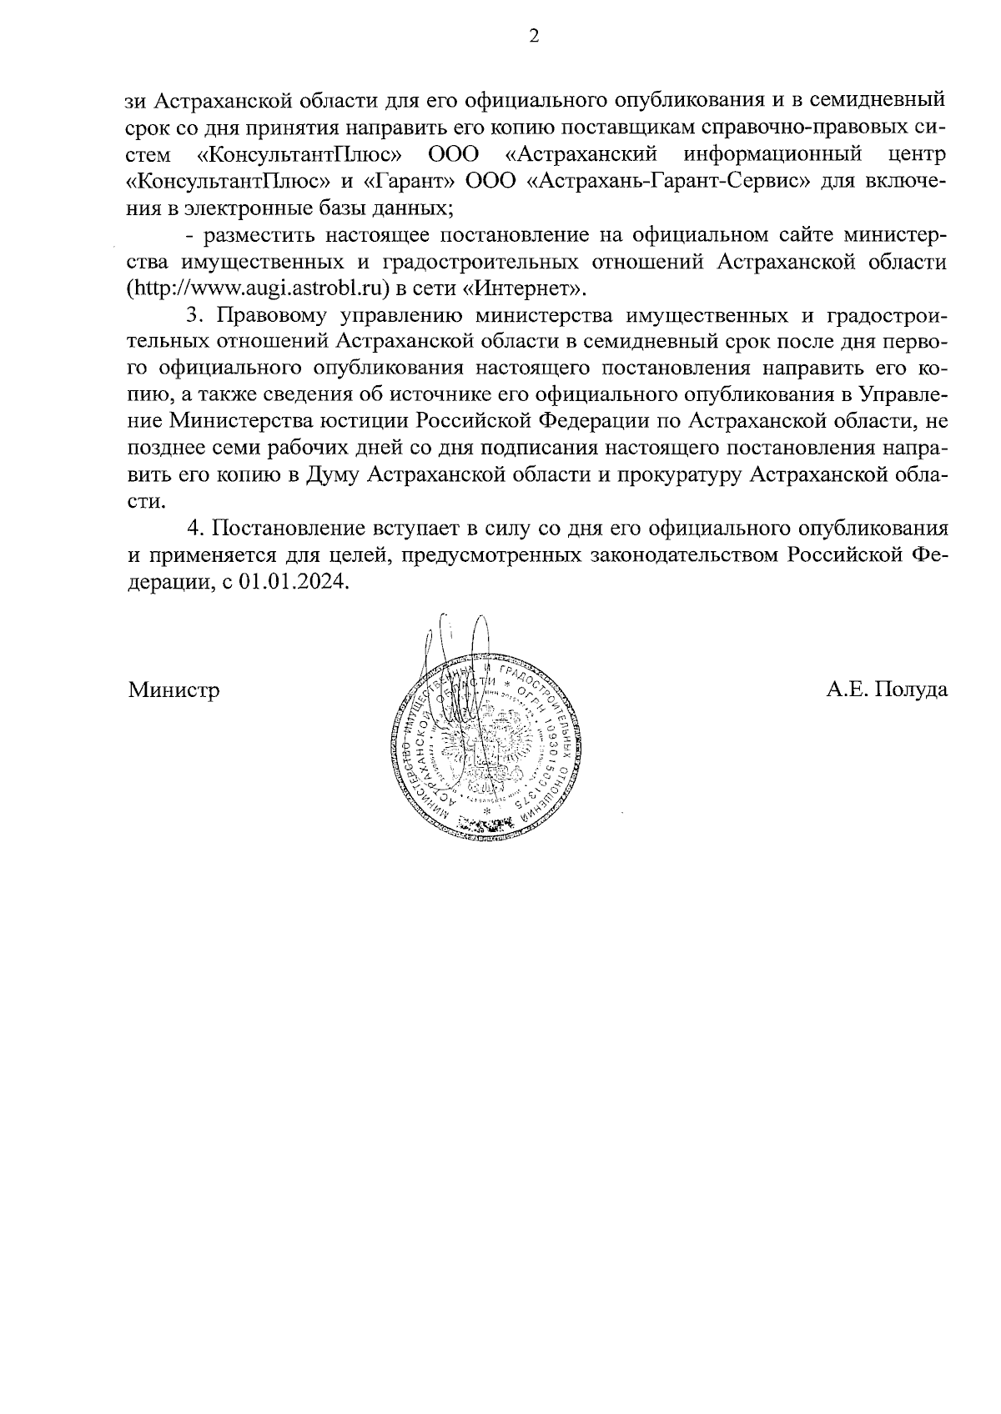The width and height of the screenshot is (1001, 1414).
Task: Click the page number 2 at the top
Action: click(535, 36)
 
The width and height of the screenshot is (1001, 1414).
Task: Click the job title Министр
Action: click(174, 690)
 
